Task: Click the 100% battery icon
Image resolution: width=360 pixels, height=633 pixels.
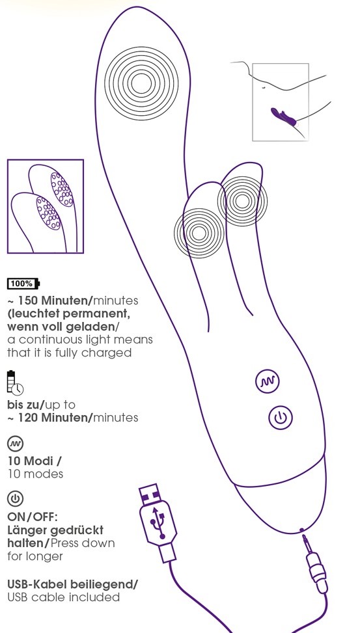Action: [x=23, y=284]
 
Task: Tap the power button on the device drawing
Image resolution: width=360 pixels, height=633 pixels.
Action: [x=281, y=418]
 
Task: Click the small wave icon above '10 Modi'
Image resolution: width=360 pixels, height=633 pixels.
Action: [x=16, y=444]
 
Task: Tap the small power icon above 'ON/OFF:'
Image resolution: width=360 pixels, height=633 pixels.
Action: [x=16, y=499]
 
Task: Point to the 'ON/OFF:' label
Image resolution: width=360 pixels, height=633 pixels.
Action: [x=33, y=517]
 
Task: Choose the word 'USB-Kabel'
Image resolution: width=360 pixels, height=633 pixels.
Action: [x=38, y=584]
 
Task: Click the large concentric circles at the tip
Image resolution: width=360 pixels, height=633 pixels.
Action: [x=141, y=83]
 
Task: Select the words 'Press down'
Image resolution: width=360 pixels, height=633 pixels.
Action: [x=83, y=543]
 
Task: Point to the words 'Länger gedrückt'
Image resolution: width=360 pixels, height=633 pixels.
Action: [x=55, y=530]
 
